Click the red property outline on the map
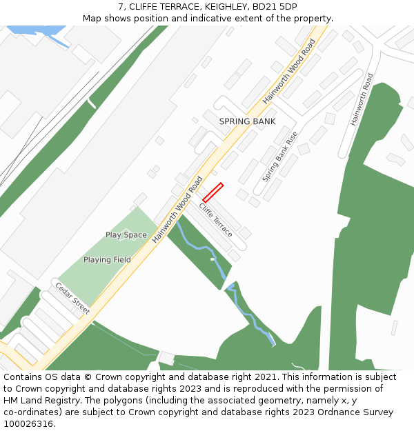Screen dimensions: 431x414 coord(213,192)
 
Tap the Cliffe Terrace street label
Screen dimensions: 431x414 coord(216,220)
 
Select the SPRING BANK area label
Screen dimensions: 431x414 coord(247,121)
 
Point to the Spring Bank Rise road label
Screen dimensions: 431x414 coord(280,157)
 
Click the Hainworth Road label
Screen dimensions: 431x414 coord(362,99)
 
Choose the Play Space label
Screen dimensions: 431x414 coord(126,235)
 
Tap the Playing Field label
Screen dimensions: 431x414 coord(107,260)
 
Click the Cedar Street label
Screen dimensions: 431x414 coord(72,299)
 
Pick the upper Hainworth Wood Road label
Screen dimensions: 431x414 coord(289,71)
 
